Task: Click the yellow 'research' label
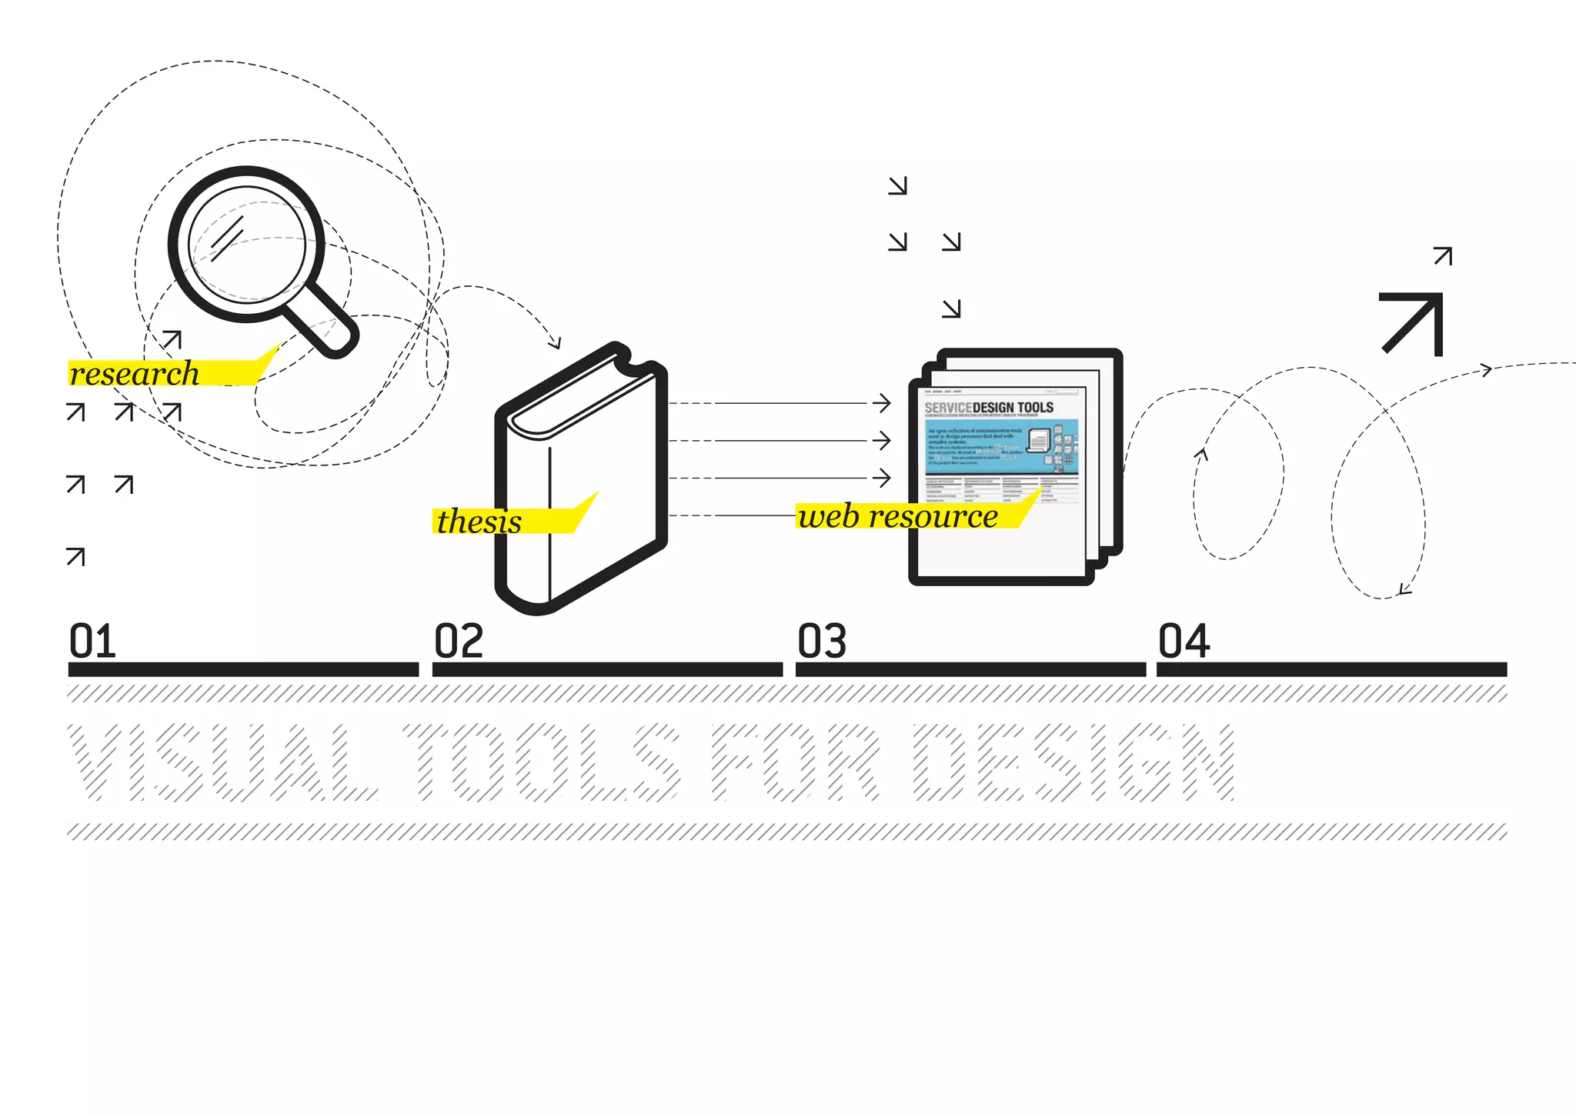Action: tap(135, 374)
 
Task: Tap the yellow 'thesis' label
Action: tap(480, 522)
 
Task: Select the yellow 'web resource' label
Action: tap(898, 516)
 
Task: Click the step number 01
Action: tap(92, 641)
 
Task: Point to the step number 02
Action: tap(459, 641)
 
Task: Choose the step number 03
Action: tap(822, 641)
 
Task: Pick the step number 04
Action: tap(1184, 641)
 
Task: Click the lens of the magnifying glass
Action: tap(247, 245)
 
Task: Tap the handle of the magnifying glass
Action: tap(323, 324)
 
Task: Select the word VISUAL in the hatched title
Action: tap(223, 762)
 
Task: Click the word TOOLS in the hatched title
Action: tap(542, 762)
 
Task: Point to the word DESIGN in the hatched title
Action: tap(1074, 762)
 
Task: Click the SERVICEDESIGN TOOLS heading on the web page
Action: tap(989, 407)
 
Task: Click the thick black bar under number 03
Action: tap(970, 669)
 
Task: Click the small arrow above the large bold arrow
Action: tap(1443, 256)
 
